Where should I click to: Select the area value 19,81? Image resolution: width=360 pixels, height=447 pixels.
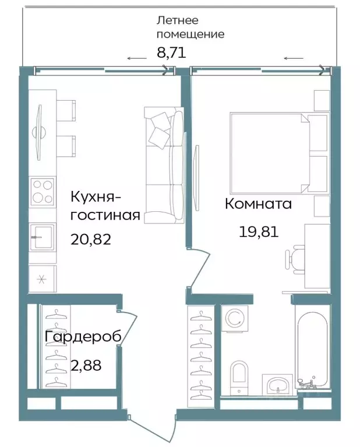pyautogui.click(x=258, y=232)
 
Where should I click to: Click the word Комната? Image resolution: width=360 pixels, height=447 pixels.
pyautogui.click(x=258, y=204)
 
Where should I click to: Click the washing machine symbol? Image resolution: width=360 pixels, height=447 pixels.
pyautogui.click(x=235, y=318)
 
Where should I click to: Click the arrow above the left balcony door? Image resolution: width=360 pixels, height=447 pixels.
pyautogui.click(x=137, y=58)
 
